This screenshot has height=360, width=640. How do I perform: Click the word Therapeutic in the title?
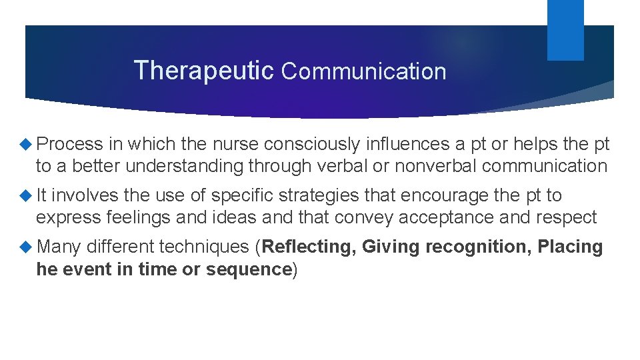coord(203,70)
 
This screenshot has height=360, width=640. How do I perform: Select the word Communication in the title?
coord(363,71)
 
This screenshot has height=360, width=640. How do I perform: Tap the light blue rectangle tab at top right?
coord(565,29)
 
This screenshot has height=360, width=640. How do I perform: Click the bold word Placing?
coord(570,247)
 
